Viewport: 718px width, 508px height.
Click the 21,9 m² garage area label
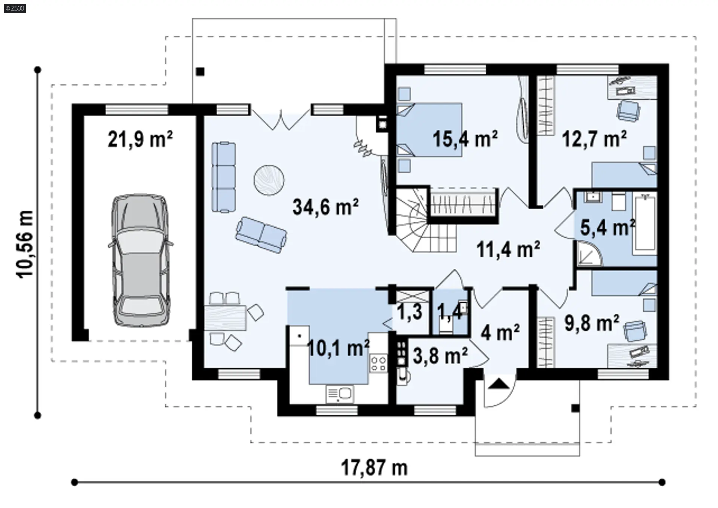point(140,139)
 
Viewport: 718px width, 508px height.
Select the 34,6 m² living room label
point(325,207)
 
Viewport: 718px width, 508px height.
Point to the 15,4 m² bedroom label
point(465,139)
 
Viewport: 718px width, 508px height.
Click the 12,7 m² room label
point(595,139)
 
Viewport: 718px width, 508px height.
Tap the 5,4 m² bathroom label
point(608,227)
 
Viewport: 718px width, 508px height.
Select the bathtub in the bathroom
point(645,224)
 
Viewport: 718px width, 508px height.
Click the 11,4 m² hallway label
point(508,249)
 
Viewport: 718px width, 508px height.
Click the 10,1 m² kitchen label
point(338,348)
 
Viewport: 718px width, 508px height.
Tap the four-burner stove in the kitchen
point(378,363)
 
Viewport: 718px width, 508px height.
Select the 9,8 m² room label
point(592,323)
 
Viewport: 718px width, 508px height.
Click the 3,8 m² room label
point(440,355)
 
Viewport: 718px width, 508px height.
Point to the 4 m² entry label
point(500,332)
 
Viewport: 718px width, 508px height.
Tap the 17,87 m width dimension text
point(374,467)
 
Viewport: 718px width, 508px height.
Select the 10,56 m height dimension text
point(25,243)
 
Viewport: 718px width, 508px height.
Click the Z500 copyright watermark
point(15,8)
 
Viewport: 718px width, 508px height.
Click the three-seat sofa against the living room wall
point(224,177)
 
